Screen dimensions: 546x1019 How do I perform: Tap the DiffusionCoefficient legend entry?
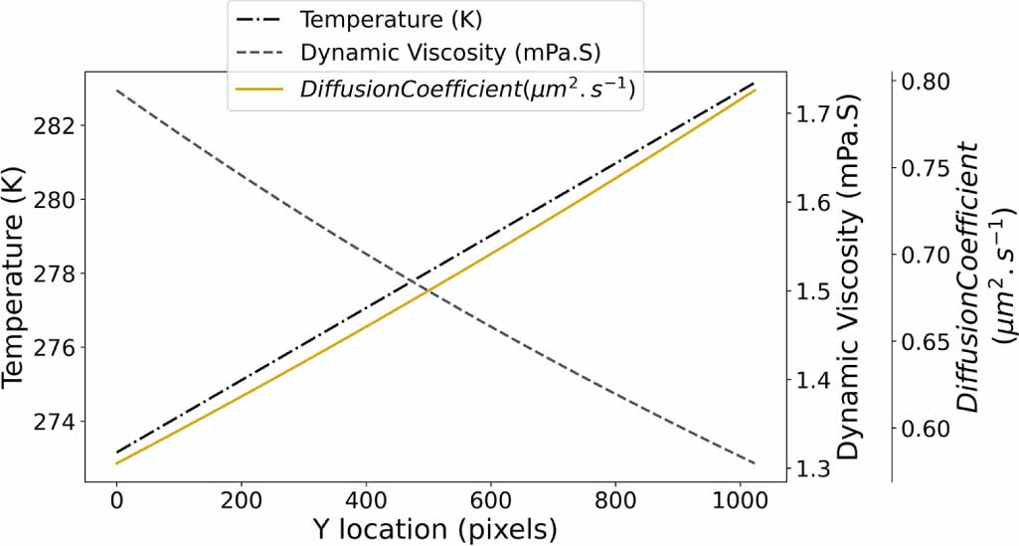(467, 89)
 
